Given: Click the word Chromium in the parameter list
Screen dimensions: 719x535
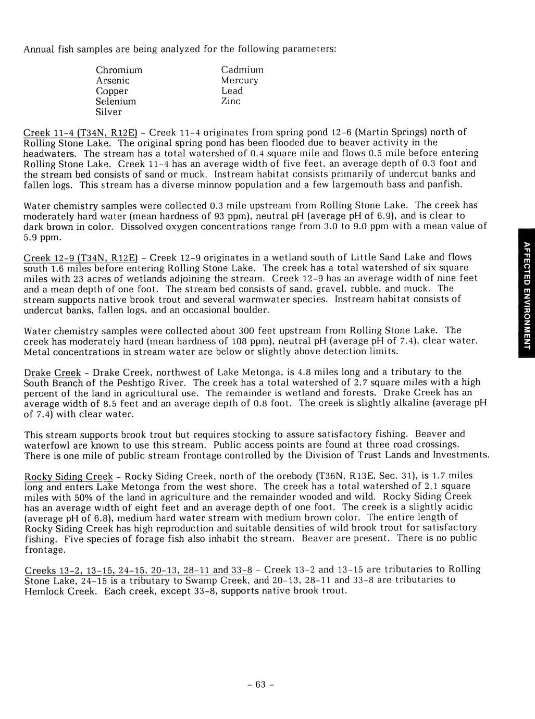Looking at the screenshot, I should (x=119, y=70).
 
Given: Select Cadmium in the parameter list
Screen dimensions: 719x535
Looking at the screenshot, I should (x=242, y=70).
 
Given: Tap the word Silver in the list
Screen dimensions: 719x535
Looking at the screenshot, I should (x=108, y=112).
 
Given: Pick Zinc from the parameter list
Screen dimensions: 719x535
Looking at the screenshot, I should (x=231, y=101).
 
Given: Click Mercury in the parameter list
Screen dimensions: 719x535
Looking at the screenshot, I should (x=239, y=80).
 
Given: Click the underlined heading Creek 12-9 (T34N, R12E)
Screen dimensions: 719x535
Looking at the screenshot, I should (x=81, y=257).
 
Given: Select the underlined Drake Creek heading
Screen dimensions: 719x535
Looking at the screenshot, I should (x=53, y=373).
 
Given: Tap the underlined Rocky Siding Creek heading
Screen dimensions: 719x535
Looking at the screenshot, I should (x=69, y=476).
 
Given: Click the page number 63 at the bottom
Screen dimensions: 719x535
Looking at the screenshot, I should (x=260, y=684).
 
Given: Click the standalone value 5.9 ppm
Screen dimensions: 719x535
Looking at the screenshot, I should (x=43, y=237).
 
